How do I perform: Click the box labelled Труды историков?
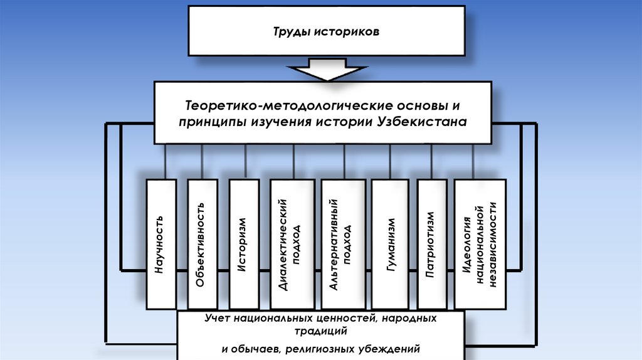point(326,31)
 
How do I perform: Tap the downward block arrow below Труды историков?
point(326,69)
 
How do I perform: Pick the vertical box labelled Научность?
point(161,243)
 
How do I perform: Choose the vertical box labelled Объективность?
point(202,243)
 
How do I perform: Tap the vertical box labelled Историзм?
point(245,243)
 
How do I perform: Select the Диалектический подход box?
point(292,243)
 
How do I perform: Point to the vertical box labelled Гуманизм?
point(391,243)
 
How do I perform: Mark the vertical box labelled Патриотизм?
point(433,243)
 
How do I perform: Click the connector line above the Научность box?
point(166,162)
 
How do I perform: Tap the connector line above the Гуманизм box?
point(391,162)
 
